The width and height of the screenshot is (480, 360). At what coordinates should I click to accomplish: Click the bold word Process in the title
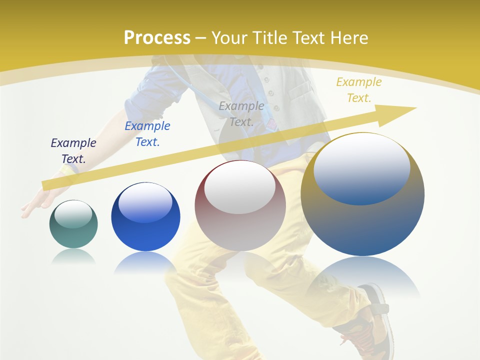point(157,38)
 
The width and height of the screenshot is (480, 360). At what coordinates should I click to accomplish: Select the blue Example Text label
point(147,134)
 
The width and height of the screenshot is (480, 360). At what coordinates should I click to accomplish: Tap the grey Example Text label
point(241,114)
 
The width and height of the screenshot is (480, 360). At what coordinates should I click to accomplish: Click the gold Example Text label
point(359,90)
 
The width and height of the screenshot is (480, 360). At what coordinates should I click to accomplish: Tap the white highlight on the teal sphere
point(73,214)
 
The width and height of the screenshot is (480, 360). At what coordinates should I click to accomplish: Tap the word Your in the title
point(228,38)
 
